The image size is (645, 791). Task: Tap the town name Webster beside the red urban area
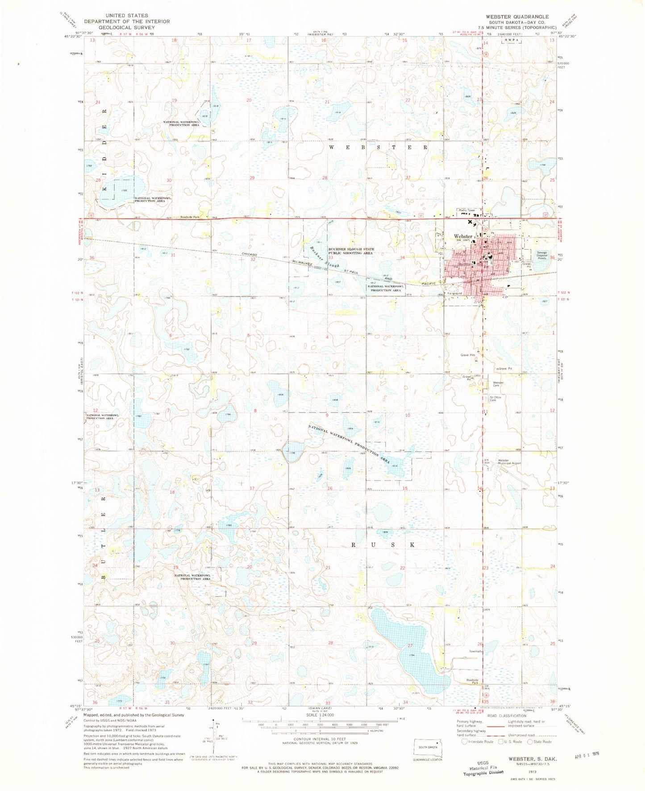tap(463, 236)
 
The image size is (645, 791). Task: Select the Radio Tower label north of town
tap(468, 210)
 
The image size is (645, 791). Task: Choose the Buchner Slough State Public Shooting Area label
tap(351, 251)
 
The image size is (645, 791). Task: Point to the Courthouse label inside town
tap(464, 263)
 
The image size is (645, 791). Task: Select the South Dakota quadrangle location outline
tap(428, 747)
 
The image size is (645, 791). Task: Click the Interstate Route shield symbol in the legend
tap(465, 742)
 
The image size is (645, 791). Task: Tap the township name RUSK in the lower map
tap(384, 545)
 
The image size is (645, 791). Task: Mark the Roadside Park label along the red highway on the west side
tap(190, 217)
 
